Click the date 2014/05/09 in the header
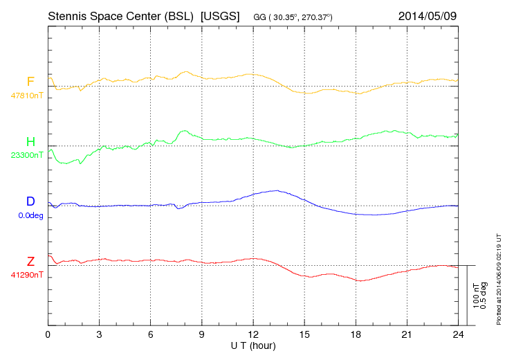point(428,15)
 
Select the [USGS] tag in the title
point(219,15)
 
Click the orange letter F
point(30,82)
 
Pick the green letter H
point(30,143)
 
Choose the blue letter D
point(30,201)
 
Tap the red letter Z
point(30,262)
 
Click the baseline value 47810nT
point(26,96)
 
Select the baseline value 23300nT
point(26,156)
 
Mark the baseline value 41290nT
point(26,276)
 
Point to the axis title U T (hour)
point(253,345)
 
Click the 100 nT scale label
point(476,295)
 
